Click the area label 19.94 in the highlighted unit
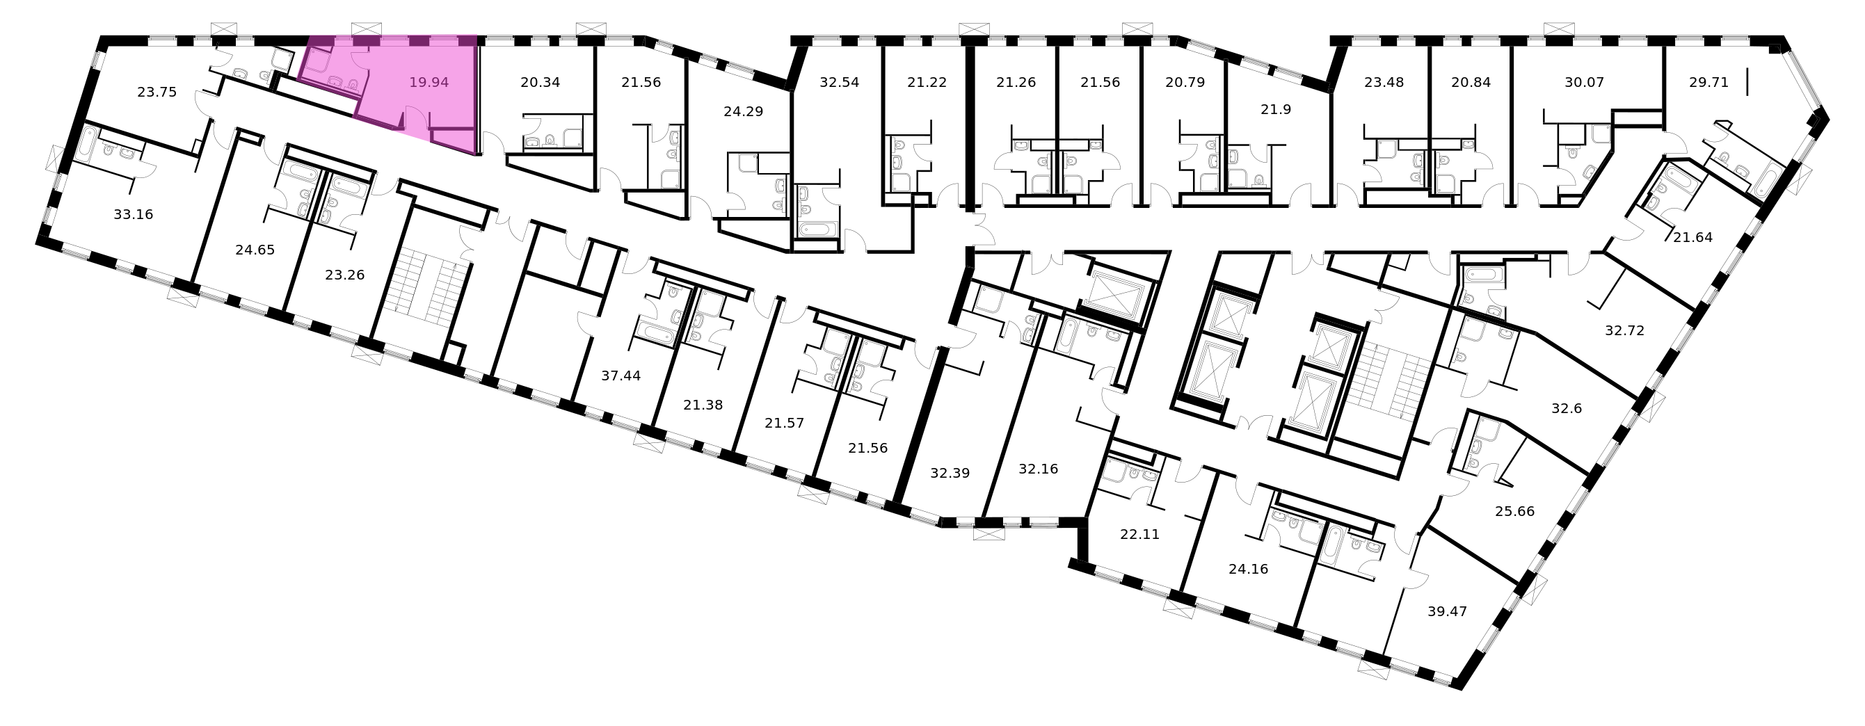tap(429, 83)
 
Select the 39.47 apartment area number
tap(1446, 612)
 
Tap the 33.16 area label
tap(134, 214)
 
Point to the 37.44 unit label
tap(621, 376)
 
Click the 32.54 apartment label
tap(839, 83)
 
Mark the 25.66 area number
tap(1514, 512)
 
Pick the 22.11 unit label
tap(1139, 535)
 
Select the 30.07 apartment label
tap(1584, 83)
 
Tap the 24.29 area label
tap(744, 112)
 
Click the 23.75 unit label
tap(157, 92)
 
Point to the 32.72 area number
tap(1624, 331)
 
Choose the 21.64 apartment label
tap(1692, 236)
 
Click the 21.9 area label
tap(1276, 110)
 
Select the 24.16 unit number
tap(1248, 570)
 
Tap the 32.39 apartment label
tap(950, 474)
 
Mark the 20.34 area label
tap(540, 83)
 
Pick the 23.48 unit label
tap(1384, 83)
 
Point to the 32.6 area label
tap(1567, 408)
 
